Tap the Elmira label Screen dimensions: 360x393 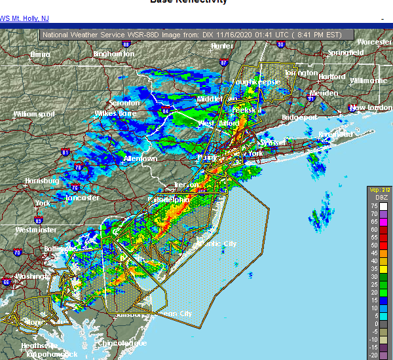[40, 55]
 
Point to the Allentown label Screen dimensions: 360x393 [140, 159]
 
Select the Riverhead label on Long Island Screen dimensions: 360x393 [336, 134]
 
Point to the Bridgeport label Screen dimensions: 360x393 [299, 117]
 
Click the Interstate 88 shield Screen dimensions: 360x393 [126, 43]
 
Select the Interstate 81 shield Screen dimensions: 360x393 [65, 153]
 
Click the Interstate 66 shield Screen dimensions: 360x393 [6, 282]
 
